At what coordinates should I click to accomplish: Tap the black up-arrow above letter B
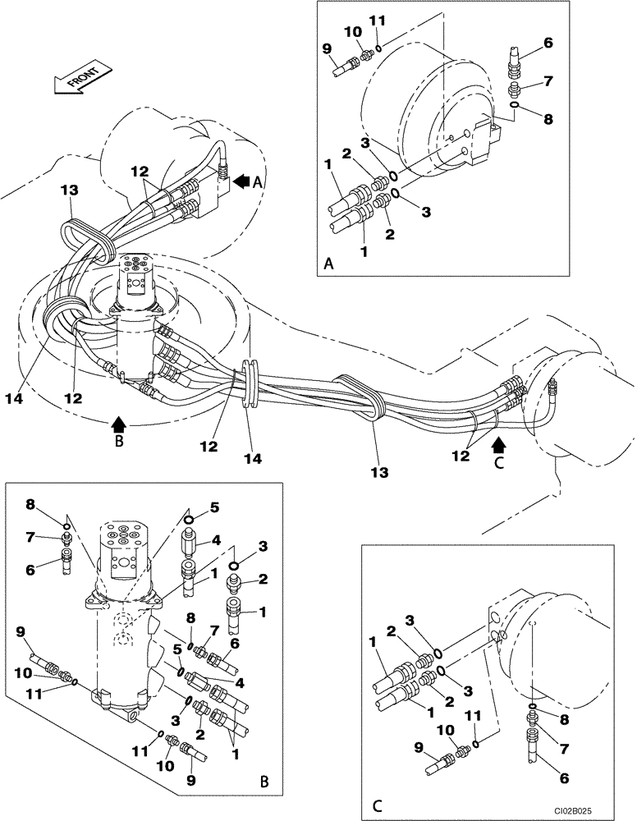[119, 424]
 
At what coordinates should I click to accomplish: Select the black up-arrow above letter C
[497, 445]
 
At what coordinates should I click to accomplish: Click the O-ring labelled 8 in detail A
[512, 104]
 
